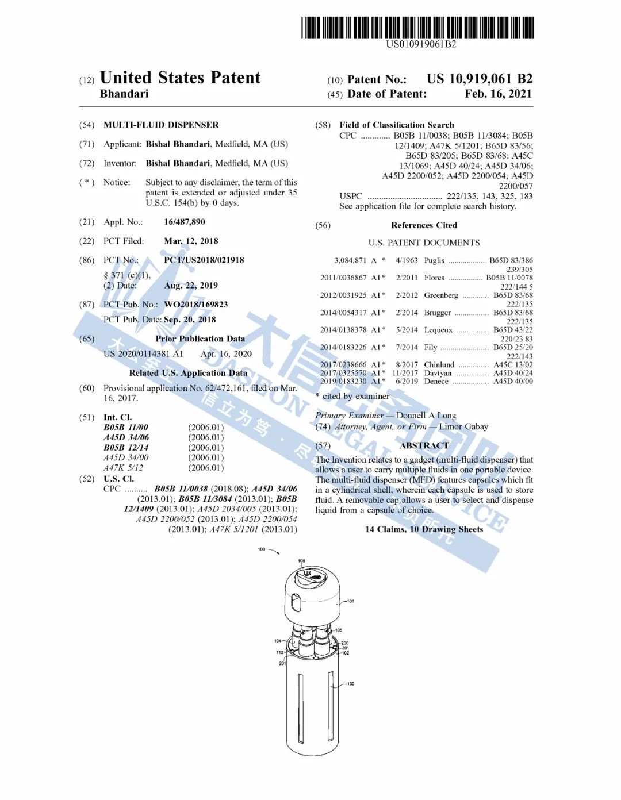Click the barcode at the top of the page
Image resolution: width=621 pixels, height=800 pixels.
pos(417,28)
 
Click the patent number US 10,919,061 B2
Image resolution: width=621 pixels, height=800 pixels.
pos(479,79)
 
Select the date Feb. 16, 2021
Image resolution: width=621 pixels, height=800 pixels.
pos(498,94)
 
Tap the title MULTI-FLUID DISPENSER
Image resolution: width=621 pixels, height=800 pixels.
pos(161,125)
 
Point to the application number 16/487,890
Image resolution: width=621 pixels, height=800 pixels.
pos(184,222)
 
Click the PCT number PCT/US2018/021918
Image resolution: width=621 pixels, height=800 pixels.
pos(204,260)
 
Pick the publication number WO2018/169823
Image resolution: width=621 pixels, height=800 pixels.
pos(195,304)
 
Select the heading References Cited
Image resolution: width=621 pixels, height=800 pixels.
pos(424,225)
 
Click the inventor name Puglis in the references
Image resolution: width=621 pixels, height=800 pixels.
pos(434,260)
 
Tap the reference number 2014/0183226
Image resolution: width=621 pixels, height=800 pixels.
pos(343,347)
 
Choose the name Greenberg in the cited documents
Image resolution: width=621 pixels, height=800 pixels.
pos(441,295)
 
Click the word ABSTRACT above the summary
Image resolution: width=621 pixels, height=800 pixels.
pos(424,445)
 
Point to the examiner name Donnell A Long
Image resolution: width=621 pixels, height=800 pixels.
pos(426,415)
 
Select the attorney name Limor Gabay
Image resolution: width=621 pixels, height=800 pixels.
pos(463,426)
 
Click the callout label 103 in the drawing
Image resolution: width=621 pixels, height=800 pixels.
pos(351,684)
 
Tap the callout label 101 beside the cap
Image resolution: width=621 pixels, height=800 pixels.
pos(351,601)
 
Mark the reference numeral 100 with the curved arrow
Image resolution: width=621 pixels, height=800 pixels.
pos(262,549)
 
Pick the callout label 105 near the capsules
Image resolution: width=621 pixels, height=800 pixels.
pos(339,630)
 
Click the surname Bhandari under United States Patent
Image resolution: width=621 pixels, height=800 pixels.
pos(124,94)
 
